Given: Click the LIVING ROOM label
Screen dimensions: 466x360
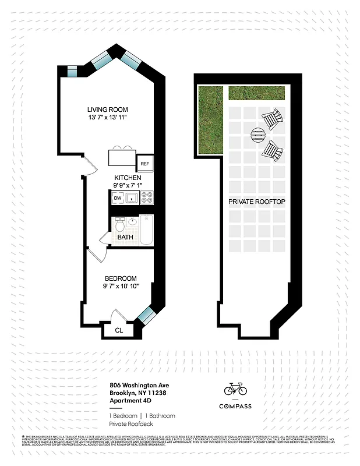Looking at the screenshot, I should click(x=107, y=110).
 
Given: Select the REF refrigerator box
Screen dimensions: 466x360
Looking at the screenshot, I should click(x=144, y=164).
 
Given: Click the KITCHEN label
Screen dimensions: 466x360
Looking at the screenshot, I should click(x=127, y=178).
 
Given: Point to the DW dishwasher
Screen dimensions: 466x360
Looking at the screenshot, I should click(x=118, y=199).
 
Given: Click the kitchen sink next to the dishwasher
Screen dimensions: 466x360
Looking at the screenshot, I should click(x=132, y=199).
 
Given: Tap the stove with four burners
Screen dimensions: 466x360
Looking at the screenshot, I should click(x=147, y=199).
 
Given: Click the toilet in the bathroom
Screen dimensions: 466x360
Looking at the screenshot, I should click(x=120, y=224).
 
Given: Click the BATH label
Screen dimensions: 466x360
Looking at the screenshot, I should click(x=125, y=238).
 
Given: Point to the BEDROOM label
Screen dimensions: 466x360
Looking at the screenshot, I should click(x=121, y=278).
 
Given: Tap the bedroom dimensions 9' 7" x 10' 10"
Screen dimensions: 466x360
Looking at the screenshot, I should click(x=121, y=287).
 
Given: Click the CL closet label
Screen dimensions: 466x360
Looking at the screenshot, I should click(x=119, y=330).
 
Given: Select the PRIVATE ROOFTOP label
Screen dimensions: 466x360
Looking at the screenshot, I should click(x=256, y=202).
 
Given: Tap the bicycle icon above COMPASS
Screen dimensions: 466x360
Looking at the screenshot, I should click(x=235, y=388).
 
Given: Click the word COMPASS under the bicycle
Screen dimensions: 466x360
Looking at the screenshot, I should click(x=235, y=406).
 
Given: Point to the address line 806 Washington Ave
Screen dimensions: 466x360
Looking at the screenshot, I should click(x=139, y=385).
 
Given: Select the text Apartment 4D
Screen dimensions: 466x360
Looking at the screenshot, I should click(x=130, y=400).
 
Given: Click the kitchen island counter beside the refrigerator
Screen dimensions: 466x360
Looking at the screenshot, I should click(x=122, y=158).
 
